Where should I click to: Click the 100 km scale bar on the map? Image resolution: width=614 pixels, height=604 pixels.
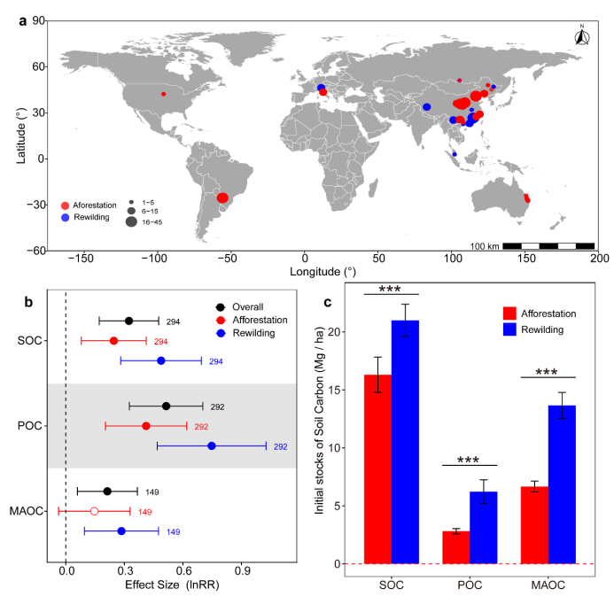point(542,244)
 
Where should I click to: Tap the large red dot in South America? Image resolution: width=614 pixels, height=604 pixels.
point(223,197)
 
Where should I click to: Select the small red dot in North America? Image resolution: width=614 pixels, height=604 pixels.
point(163,93)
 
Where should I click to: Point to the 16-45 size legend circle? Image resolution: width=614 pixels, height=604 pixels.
point(131,222)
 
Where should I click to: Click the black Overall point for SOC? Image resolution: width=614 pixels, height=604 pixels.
point(128,321)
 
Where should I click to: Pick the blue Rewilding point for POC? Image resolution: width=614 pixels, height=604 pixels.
point(212,445)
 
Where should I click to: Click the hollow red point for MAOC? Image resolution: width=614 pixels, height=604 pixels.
point(95,511)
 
